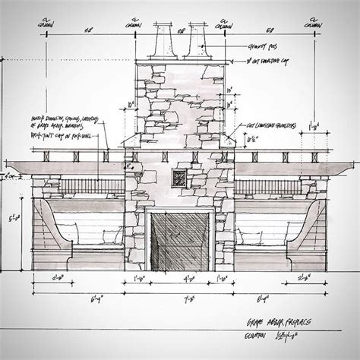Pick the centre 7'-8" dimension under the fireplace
click(x=180, y=301)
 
